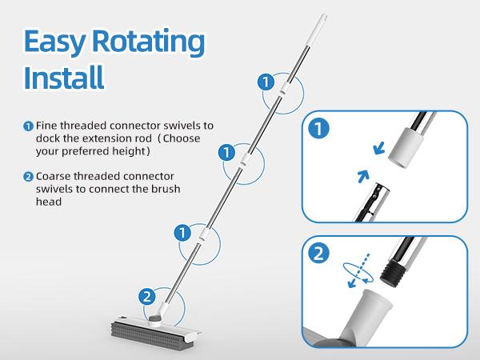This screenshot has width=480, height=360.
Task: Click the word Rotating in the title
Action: click(x=148, y=42)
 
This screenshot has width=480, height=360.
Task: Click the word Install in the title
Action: click(x=64, y=77)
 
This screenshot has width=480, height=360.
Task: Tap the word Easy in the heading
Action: click(x=54, y=42)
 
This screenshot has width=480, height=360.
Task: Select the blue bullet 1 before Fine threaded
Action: click(x=28, y=126)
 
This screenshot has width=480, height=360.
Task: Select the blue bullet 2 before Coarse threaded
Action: click(x=28, y=177)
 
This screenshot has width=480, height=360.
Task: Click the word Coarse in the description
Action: click(x=54, y=176)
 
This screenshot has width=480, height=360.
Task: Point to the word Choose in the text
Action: click(x=182, y=138)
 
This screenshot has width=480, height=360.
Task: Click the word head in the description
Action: click(x=49, y=202)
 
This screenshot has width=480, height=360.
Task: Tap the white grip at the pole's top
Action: click(x=316, y=30)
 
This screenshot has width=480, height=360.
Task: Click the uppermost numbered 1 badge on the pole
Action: click(x=266, y=82)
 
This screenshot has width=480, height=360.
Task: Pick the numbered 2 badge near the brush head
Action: click(x=147, y=297)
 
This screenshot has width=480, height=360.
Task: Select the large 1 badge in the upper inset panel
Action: click(x=318, y=129)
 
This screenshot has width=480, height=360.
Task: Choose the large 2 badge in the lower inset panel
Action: click(x=318, y=254)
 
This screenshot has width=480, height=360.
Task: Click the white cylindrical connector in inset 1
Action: click(x=406, y=148)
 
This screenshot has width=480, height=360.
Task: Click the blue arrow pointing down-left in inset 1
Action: click(x=379, y=149)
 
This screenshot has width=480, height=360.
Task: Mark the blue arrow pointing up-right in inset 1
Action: click(x=363, y=177)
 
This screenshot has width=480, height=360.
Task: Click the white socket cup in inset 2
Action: click(x=370, y=312)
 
